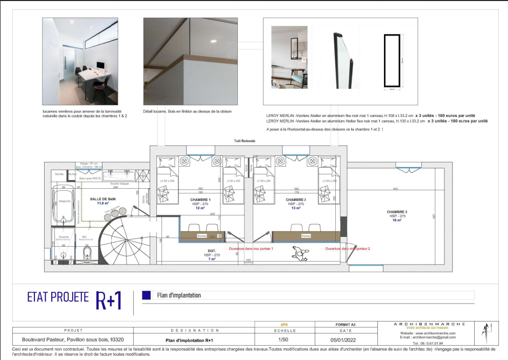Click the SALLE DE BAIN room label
pos(101,199)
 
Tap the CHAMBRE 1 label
pos(200,199)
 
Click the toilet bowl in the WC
pos(86,254)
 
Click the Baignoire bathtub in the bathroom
pos(64,202)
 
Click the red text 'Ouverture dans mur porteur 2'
pos(348,249)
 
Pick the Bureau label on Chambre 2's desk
pos(306,236)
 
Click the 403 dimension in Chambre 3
pos(395,189)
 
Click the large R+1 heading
pos(108,300)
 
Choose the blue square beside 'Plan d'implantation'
pos(147,295)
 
